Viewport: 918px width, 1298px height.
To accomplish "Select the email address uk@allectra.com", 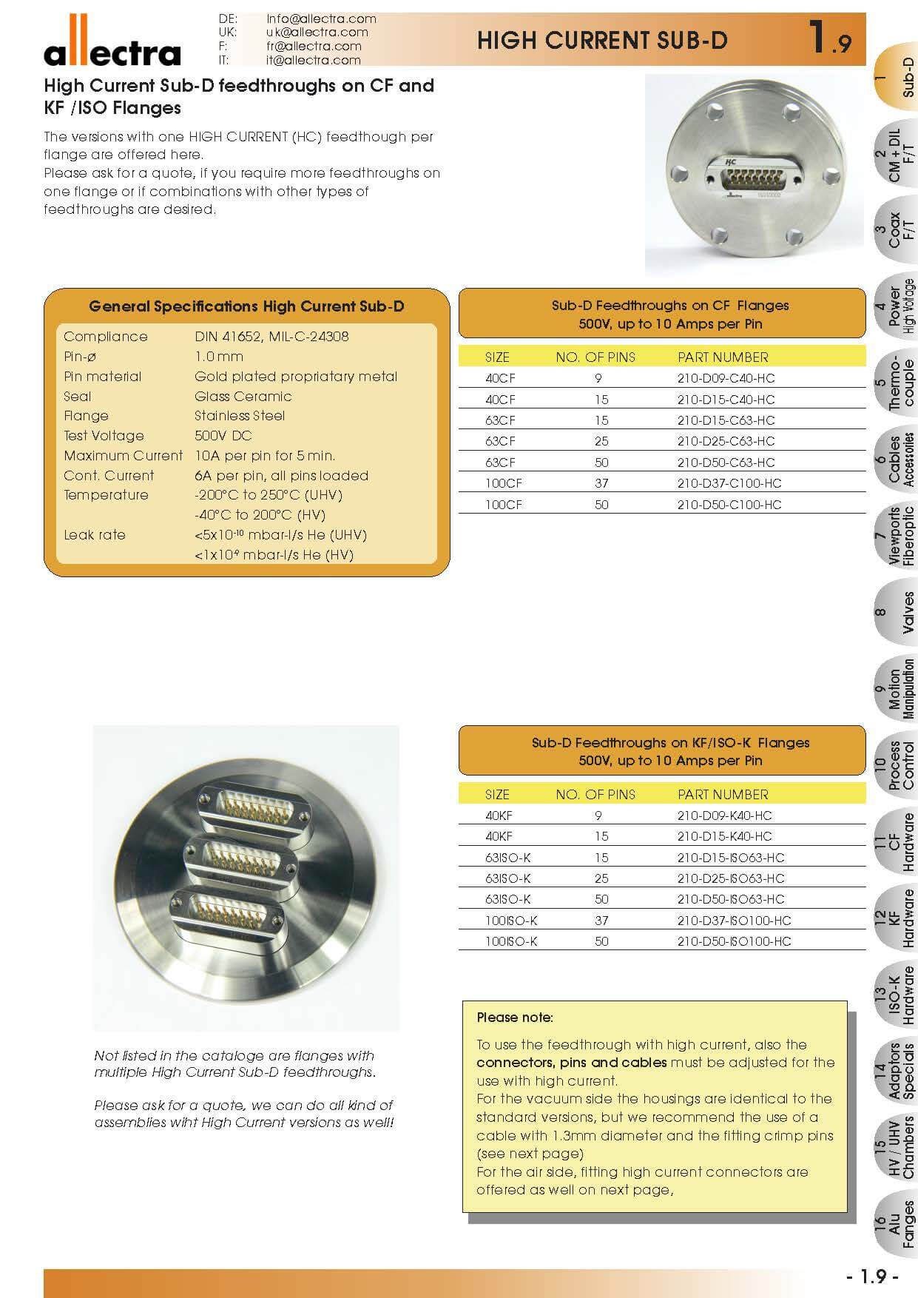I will [x=317, y=32].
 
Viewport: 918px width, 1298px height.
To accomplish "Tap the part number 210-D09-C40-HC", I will [x=726, y=378].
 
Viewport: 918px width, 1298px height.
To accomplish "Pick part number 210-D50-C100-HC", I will [x=729, y=505].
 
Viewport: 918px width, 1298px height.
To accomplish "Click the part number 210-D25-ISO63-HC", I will [x=730, y=878].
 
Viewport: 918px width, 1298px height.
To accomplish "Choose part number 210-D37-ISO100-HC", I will [x=734, y=921].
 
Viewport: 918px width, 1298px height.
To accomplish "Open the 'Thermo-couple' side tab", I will [x=896, y=383].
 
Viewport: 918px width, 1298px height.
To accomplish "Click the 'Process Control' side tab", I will [x=896, y=764].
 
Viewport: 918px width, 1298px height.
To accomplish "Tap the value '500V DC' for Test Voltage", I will [x=223, y=436].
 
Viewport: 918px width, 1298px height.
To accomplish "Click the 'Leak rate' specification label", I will [x=95, y=535].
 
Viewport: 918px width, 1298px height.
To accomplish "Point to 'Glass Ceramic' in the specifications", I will [x=243, y=397].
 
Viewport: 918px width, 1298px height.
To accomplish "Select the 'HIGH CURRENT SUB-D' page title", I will [x=601, y=40].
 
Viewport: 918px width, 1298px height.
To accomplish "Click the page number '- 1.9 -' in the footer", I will [x=872, y=1277].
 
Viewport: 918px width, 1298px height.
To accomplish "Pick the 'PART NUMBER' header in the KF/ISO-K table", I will [x=723, y=795].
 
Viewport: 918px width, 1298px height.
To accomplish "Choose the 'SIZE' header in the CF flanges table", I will [x=497, y=357].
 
